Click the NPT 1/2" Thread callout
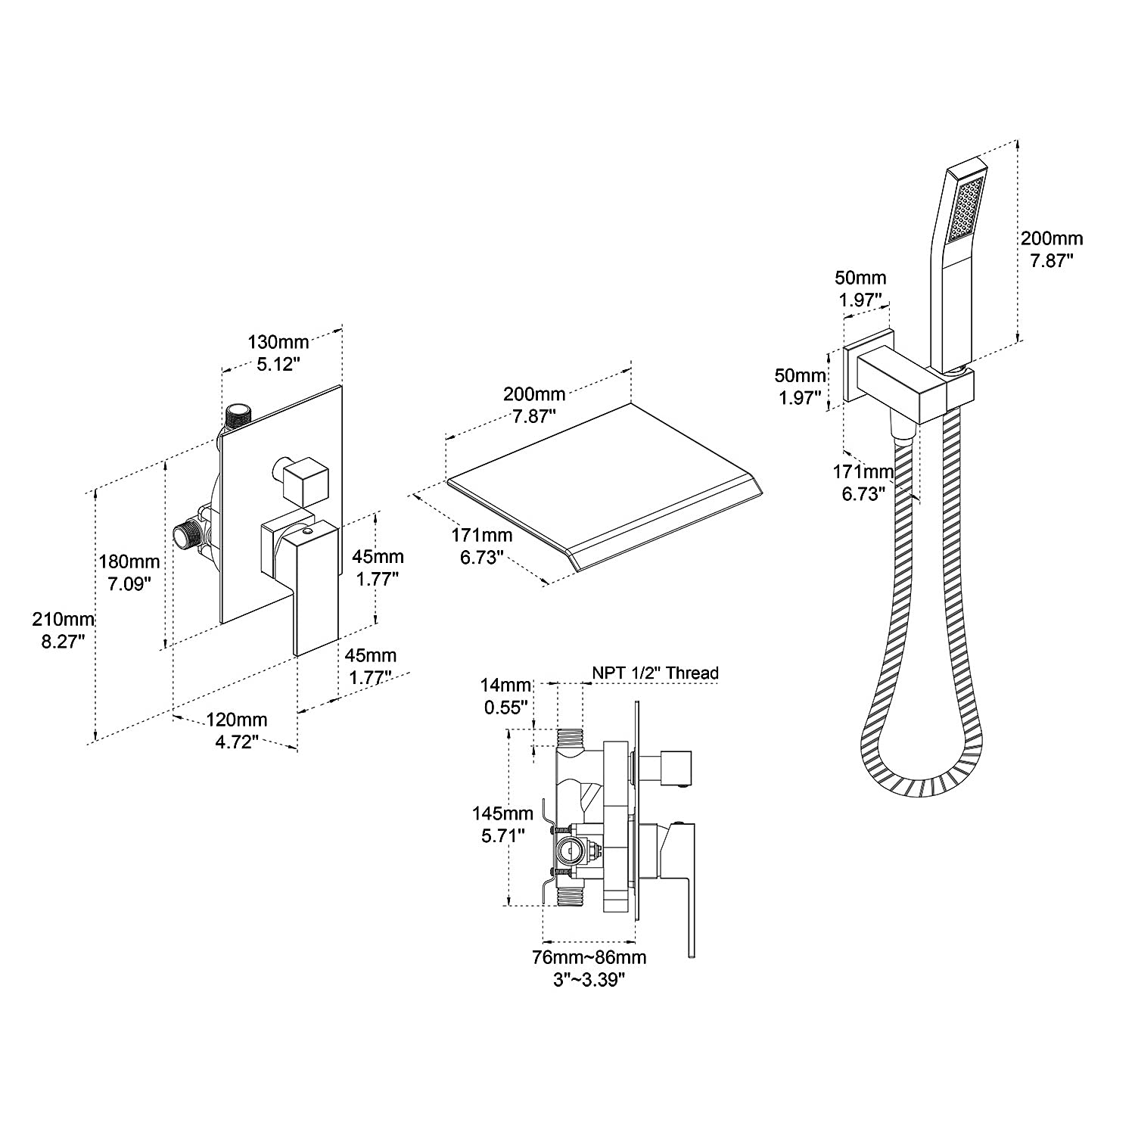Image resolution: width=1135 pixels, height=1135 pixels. [655, 673]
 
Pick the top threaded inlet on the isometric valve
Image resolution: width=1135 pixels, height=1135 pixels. [239, 415]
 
